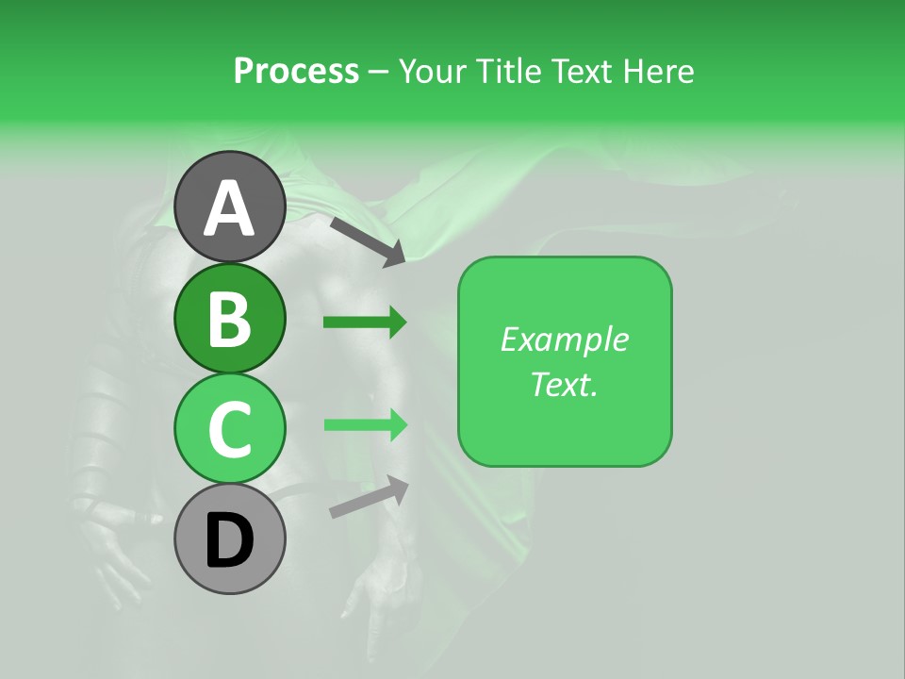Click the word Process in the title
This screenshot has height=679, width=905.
(x=296, y=72)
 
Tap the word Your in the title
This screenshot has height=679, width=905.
(x=434, y=72)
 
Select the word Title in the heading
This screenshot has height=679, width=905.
(x=509, y=72)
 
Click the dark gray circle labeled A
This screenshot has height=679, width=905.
(x=230, y=207)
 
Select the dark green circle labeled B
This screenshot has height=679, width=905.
(x=230, y=318)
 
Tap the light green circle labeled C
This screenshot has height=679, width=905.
(x=230, y=429)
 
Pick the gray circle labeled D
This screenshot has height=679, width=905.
(x=230, y=539)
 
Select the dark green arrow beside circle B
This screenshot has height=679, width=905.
(x=365, y=323)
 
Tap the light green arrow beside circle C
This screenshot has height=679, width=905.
(x=365, y=424)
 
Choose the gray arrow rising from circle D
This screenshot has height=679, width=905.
(x=369, y=497)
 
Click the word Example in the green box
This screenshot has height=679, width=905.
(x=564, y=339)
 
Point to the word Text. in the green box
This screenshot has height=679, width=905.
(x=564, y=384)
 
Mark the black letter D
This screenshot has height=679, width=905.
(x=230, y=541)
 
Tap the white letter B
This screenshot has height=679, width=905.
(x=230, y=319)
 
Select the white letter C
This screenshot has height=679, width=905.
(x=230, y=430)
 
